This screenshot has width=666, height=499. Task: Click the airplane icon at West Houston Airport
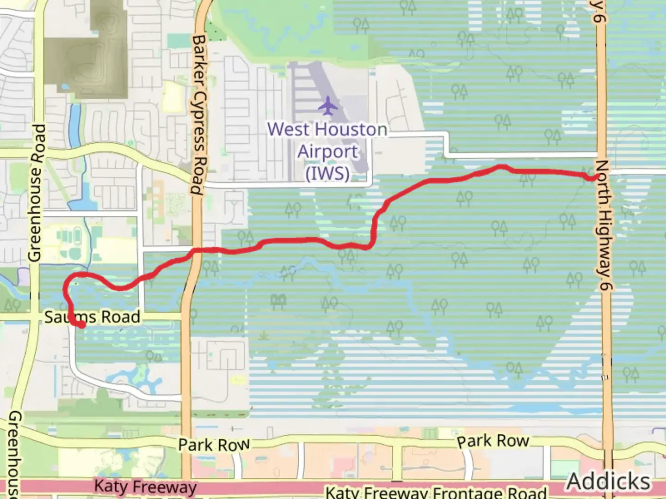pyautogui.click(x=328, y=106)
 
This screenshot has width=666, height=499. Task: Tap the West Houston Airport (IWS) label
pyautogui.click(x=327, y=151)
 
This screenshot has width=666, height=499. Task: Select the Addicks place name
pyautogui.click(x=608, y=481)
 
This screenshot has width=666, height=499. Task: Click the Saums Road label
pyautogui.click(x=92, y=317)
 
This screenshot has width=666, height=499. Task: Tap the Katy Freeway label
pyautogui.click(x=145, y=487)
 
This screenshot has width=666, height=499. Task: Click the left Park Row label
pyautogui.click(x=214, y=445)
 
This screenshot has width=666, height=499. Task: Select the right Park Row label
pyautogui.click(x=493, y=441)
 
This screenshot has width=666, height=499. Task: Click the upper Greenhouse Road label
pyautogui.click(x=37, y=192)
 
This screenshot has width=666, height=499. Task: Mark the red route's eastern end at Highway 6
pyautogui.click(x=592, y=177)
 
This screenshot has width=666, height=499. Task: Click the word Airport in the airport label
pyautogui.click(x=327, y=152)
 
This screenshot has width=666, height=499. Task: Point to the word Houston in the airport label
pyautogui.click(x=349, y=130)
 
